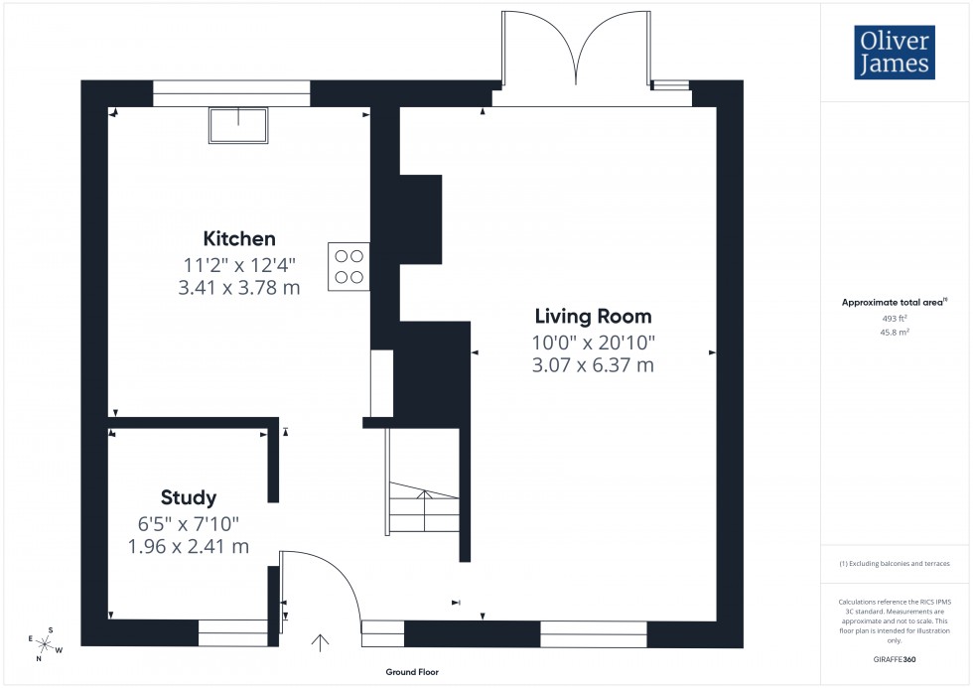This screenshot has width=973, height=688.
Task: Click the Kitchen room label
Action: [x=239, y=238]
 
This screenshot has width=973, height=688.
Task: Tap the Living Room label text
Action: [x=593, y=317]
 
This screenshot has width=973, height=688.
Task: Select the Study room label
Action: [x=189, y=497]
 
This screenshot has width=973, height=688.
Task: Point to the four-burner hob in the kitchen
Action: [x=348, y=266]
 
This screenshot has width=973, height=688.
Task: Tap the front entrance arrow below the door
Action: [x=321, y=642]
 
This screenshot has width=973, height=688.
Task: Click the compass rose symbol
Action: [x=46, y=643]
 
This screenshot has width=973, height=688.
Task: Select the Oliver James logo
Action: [x=894, y=53]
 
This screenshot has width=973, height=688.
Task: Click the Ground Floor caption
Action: [x=412, y=672]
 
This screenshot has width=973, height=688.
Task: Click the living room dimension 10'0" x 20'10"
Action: [x=593, y=343]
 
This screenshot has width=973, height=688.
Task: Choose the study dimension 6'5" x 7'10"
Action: [x=189, y=523]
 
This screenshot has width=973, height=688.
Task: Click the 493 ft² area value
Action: [x=896, y=319]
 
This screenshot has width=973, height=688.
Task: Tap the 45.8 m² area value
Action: [x=896, y=333]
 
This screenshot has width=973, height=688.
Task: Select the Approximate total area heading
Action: [x=894, y=302]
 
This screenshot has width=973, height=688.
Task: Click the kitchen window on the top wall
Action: [x=231, y=93]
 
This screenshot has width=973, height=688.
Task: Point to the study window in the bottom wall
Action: [x=233, y=632]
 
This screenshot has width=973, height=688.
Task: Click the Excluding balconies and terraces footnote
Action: [x=896, y=564]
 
